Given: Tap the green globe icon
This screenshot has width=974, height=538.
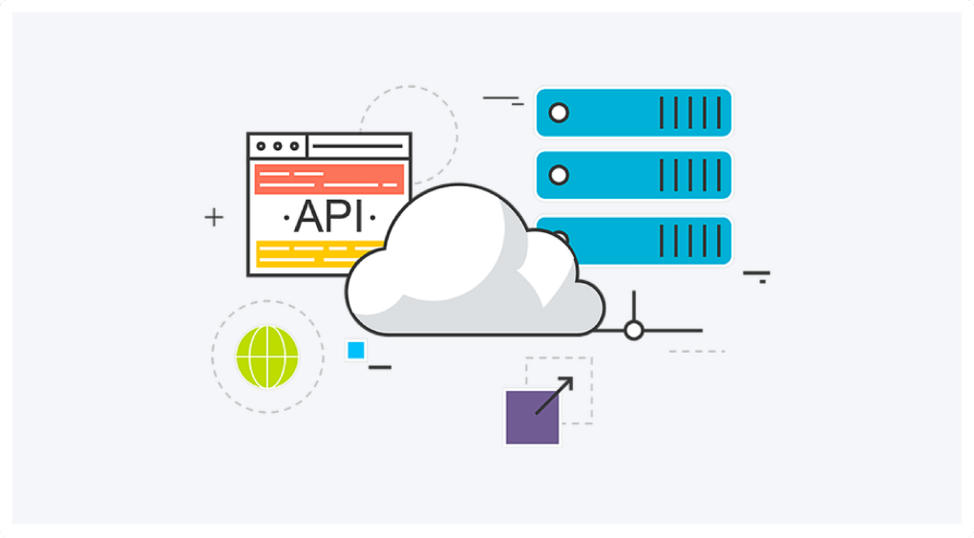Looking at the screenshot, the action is coord(267,357).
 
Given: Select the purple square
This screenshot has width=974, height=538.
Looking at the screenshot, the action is coord(532,418).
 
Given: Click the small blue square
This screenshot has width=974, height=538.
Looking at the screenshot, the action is coord(356,350).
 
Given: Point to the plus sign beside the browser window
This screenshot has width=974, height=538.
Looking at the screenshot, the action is coord(214,217).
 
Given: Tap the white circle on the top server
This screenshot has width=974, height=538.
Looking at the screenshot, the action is coord(559,113).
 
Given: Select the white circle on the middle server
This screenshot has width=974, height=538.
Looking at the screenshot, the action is coord(559,175).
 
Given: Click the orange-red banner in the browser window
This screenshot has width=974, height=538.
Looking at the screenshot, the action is coord(329,179).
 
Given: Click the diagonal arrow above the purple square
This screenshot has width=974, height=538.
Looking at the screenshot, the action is coord(554,395).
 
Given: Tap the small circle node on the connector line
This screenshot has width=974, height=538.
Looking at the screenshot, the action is coord(634,331).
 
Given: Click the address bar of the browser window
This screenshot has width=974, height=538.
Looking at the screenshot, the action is coord(358,146).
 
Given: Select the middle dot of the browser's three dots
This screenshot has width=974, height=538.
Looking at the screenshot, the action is coord(278,146).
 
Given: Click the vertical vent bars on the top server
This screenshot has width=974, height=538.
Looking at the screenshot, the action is coord(690,113).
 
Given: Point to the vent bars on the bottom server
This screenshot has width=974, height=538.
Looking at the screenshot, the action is coord(690,241).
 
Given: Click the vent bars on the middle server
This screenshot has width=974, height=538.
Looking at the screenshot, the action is coord(690,175).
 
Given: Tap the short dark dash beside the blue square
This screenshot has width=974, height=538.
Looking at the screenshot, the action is coord(379,367).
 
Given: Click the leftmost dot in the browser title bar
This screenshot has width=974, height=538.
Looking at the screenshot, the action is coord(261,146).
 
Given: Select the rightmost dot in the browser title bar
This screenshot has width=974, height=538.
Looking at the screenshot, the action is coord(294,146).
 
